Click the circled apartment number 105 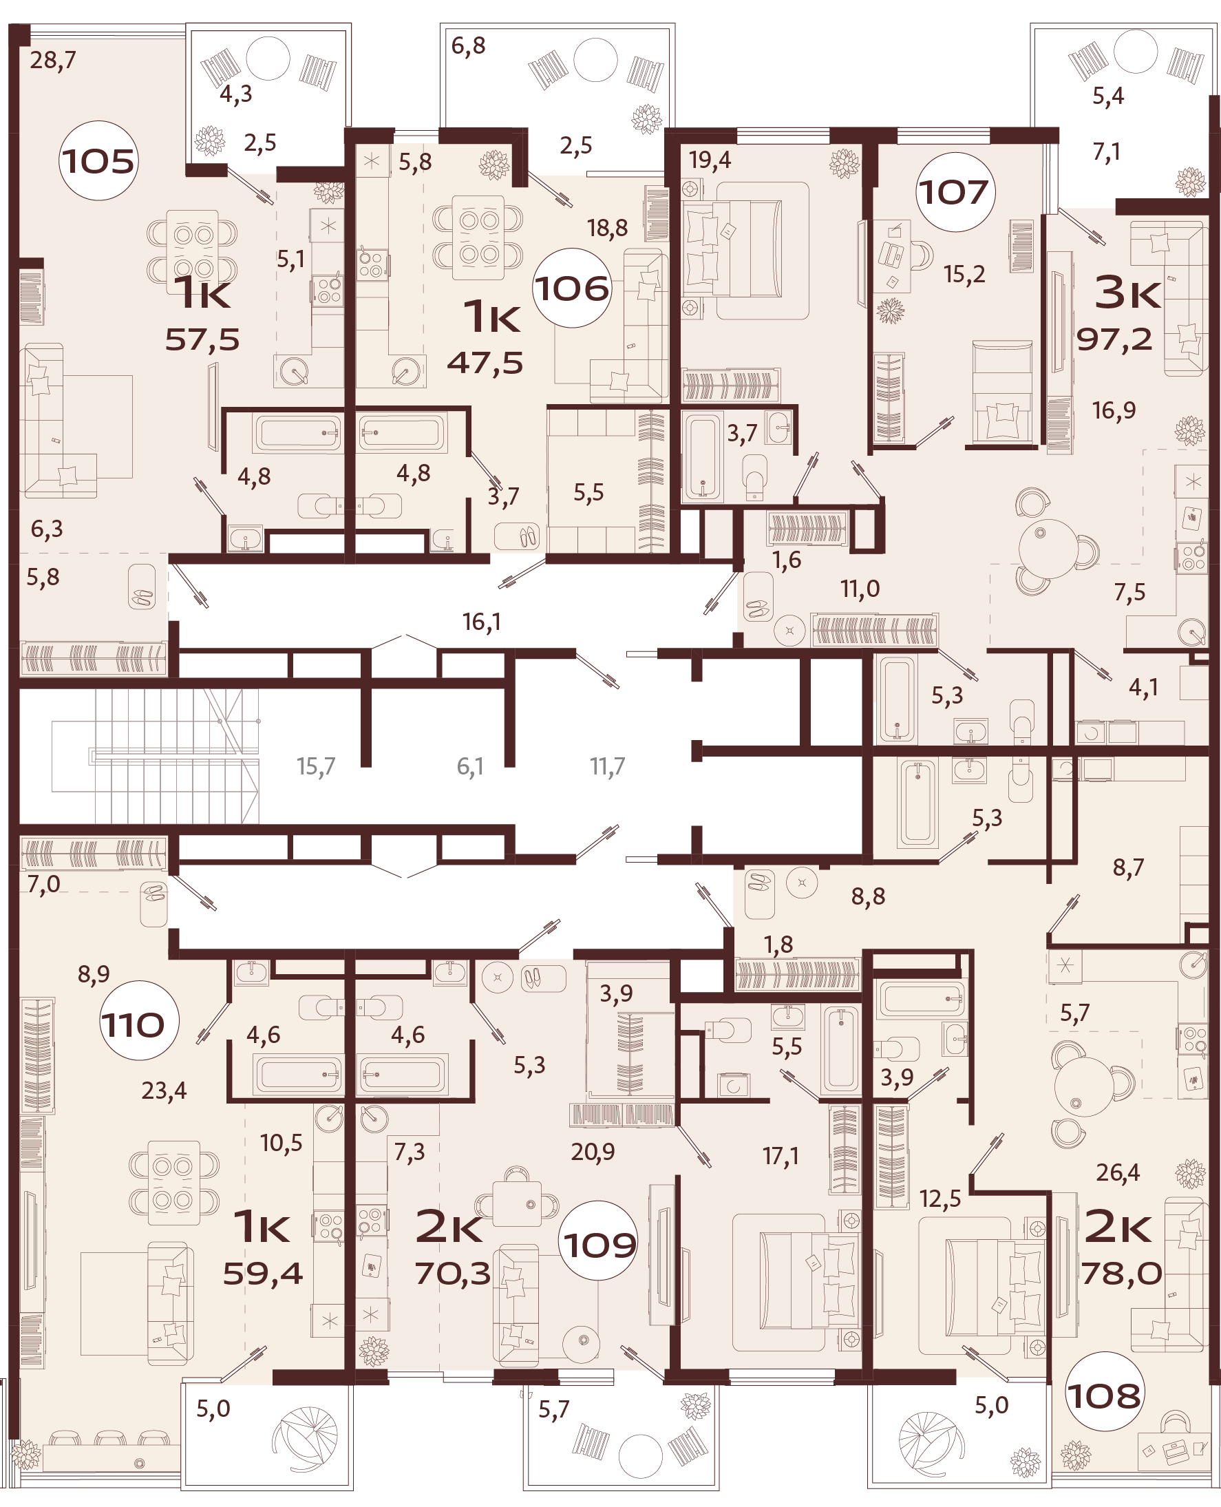point(98,161)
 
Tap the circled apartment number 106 point(571,288)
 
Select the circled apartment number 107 point(955,192)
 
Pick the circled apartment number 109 point(599,1246)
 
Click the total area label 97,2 point(1114,340)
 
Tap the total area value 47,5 point(485,363)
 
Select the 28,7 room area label point(53,61)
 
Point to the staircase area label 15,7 point(316,766)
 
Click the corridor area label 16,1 point(482,622)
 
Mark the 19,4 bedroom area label point(710,160)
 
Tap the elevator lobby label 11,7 point(607,766)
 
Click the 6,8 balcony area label point(469,45)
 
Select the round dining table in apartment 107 point(1048,548)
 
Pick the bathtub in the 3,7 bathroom point(702,457)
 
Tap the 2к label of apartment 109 point(449,1227)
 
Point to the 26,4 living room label point(1118,1172)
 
